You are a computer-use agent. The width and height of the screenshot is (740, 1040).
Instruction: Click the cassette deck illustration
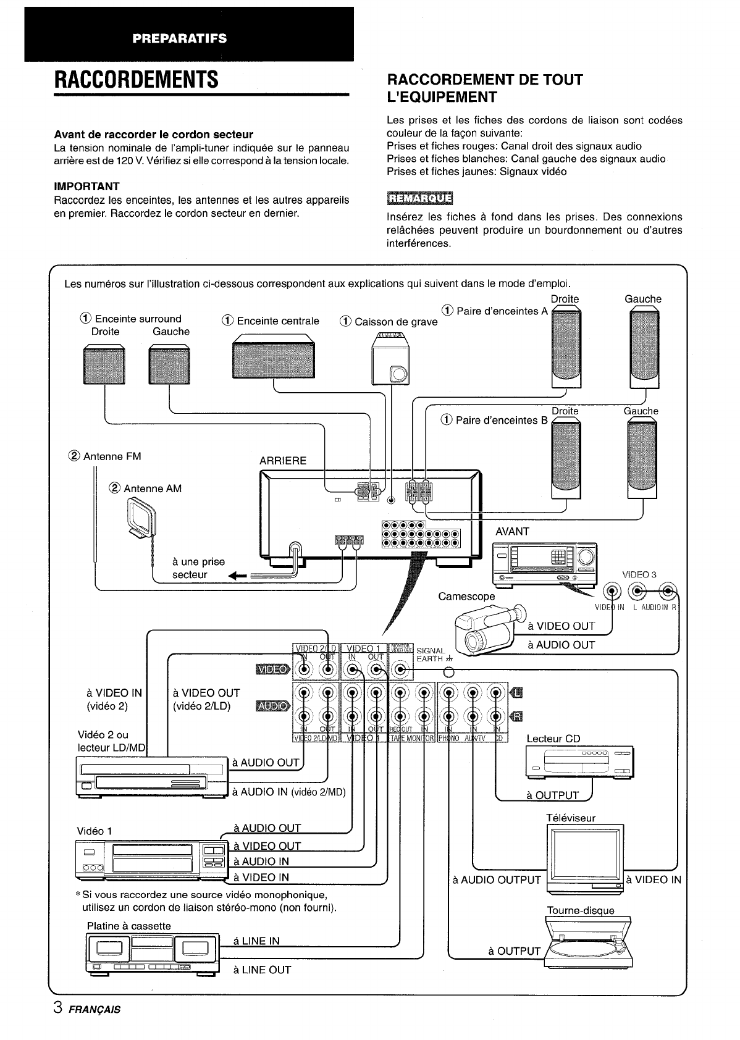(152, 954)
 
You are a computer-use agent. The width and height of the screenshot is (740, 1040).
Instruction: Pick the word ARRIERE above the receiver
(283, 461)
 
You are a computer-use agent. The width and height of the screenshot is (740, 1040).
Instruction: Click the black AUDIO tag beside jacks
(271, 706)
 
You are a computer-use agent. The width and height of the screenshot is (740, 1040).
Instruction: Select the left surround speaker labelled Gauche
(169, 365)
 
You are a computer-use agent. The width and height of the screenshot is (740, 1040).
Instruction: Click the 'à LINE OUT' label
(262, 970)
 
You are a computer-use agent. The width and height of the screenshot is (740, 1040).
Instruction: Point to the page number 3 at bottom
(57, 1009)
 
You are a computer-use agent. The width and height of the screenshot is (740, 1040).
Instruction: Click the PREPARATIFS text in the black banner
(179, 38)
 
